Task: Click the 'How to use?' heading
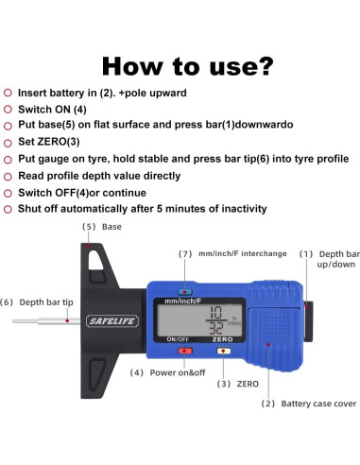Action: click(x=188, y=66)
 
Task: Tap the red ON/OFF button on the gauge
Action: click(x=185, y=351)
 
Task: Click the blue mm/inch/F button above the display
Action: click(x=185, y=291)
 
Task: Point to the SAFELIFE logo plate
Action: click(x=112, y=321)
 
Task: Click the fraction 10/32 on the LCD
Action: click(x=216, y=320)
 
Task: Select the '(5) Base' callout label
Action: click(x=102, y=227)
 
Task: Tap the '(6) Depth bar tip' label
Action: click(x=37, y=302)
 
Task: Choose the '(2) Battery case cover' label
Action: click(x=309, y=404)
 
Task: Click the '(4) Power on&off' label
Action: click(x=167, y=372)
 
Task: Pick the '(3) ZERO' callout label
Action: click(x=238, y=384)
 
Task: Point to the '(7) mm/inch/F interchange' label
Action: click(x=232, y=253)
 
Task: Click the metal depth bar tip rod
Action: click(x=46, y=321)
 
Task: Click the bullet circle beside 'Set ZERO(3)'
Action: click(x=8, y=143)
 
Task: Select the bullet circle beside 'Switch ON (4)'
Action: click(x=8, y=110)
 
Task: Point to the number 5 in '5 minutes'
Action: click(x=160, y=209)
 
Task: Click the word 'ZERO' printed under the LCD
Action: click(x=222, y=339)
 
